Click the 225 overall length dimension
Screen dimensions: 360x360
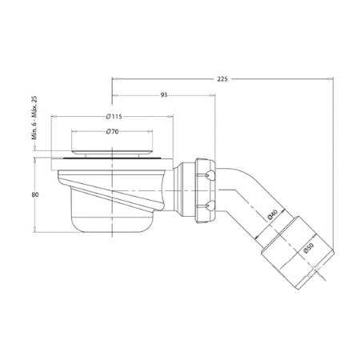pyautogui.click(x=222, y=78)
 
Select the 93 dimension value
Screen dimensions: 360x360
pyautogui.click(x=163, y=95)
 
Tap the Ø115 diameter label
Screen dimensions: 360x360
pyautogui.click(x=113, y=116)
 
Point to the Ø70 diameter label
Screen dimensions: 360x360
pyautogui.click(x=113, y=131)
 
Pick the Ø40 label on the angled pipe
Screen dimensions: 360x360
pyautogui.click(x=271, y=214)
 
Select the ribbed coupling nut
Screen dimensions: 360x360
pyautogui.click(x=200, y=189)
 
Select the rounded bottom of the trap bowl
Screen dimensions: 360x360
pyautogui.click(x=112, y=224)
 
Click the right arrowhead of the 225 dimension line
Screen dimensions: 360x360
pyautogui.click(x=331, y=78)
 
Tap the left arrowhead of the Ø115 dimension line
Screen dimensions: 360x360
pyautogui.click(x=54, y=116)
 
